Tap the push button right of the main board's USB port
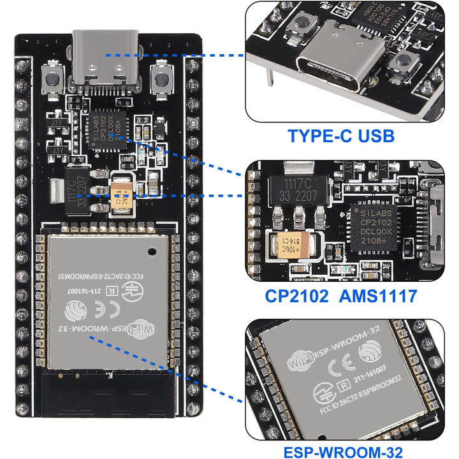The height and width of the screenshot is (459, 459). click(161, 82)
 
